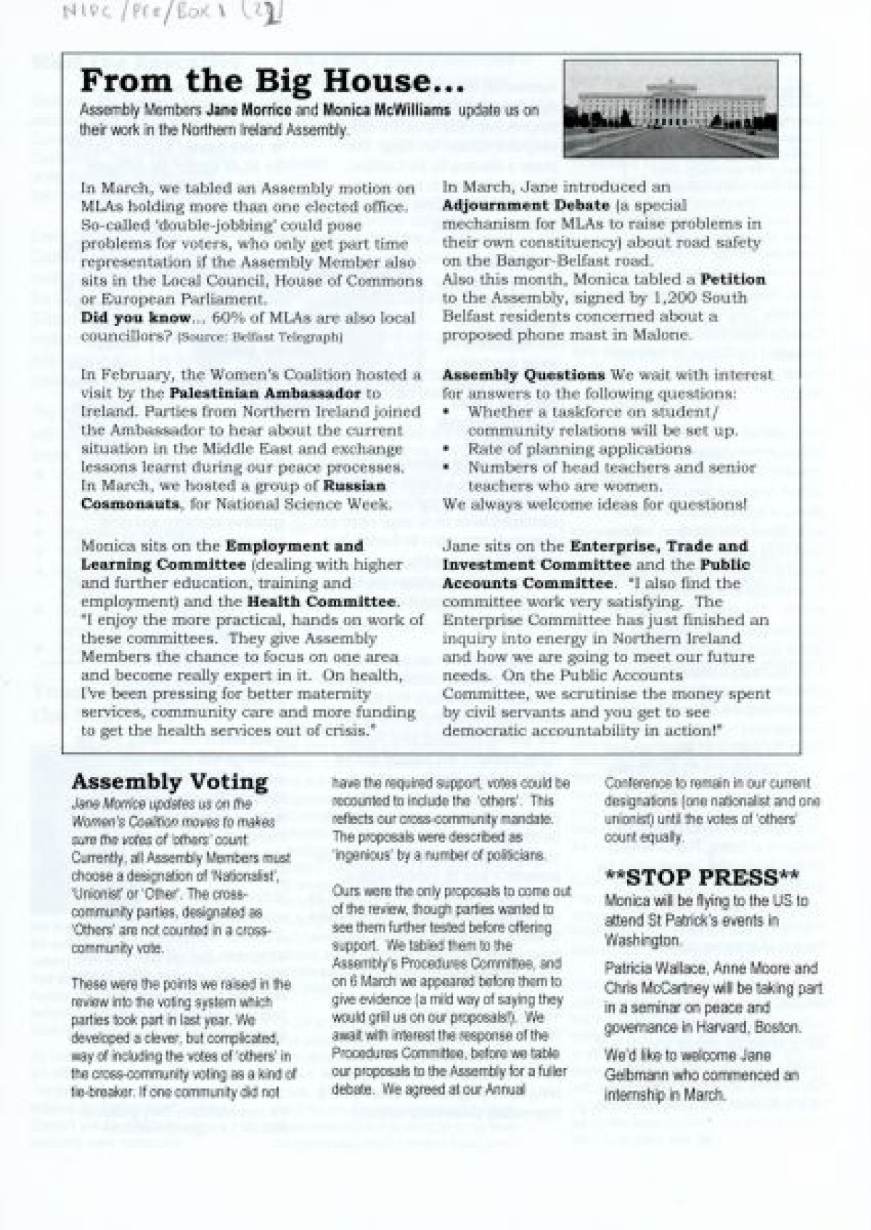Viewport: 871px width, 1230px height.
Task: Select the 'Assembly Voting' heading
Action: point(170,782)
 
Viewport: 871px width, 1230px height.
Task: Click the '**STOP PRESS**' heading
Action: point(701,877)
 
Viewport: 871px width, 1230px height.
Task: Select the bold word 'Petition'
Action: point(732,279)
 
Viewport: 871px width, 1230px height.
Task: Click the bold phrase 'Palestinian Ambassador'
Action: point(265,394)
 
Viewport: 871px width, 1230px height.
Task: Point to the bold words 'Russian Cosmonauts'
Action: point(234,494)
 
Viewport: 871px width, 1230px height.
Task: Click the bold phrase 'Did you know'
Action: point(136,317)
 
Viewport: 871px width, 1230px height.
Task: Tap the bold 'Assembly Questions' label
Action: point(523,375)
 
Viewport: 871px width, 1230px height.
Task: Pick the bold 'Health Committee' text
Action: point(322,601)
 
